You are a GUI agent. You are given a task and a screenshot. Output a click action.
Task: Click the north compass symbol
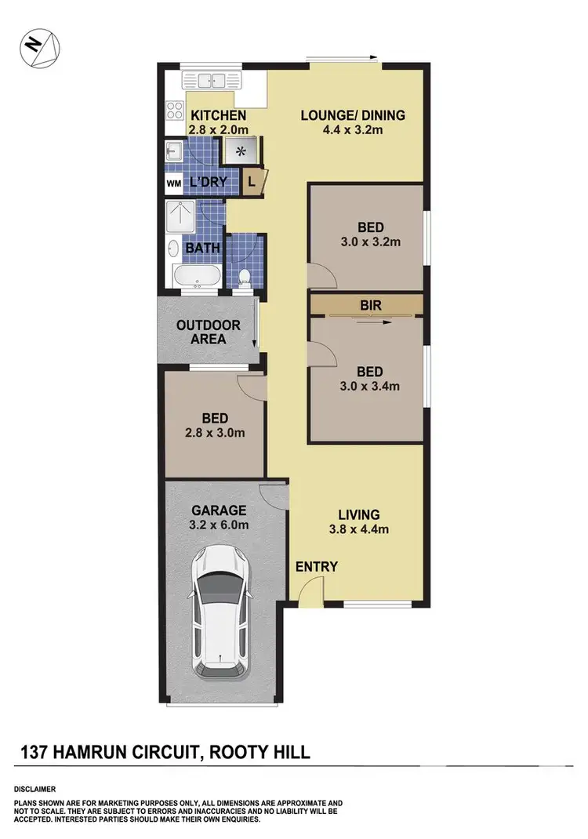point(35,45)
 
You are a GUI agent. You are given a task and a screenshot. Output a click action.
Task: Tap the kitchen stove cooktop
point(174,110)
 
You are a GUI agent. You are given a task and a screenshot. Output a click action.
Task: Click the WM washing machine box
point(173,183)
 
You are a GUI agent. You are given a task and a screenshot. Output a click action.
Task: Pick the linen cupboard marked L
point(252,181)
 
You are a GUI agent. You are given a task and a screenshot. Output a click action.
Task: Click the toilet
point(244,275)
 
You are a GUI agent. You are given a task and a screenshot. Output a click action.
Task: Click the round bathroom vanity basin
point(172,249)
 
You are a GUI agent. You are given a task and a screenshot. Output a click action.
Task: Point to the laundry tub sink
point(174,151)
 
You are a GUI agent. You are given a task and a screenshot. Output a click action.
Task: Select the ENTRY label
point(317,566)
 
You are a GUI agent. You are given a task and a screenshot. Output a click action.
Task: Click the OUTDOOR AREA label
point(208,332)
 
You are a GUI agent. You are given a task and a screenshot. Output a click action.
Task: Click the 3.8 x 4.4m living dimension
point(359,528)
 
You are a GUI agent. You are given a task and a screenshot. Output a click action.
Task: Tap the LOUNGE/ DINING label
point(354,115)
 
